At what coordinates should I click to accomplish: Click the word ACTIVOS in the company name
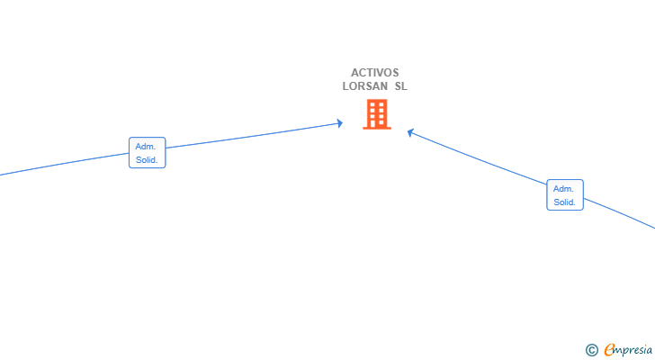pos(374,73)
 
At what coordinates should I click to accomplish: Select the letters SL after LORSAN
pos(401,86)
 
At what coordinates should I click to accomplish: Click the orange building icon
pos(377,114)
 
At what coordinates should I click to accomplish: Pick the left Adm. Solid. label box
pos(147,152)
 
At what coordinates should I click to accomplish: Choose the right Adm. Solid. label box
pos(565,194)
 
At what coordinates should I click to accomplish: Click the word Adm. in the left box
pos(146,147)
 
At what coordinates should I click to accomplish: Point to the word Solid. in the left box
pos(147,160)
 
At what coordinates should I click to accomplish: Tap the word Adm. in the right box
pos(563,189)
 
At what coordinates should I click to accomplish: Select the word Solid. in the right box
pos(564,202)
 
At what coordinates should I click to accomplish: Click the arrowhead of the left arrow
pos(340,123)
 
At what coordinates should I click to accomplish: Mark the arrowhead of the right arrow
pos(410,132)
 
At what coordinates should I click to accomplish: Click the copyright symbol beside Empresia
pos(591,350)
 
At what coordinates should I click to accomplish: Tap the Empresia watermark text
pos(628,350)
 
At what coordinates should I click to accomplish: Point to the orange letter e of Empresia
pos(609,349)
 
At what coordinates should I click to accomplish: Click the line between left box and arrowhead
pos(253,136)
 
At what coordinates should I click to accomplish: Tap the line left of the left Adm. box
pos(65,164)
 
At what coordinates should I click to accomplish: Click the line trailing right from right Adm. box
pos(620,213)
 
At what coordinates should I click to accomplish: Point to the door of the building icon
pos(373,124)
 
